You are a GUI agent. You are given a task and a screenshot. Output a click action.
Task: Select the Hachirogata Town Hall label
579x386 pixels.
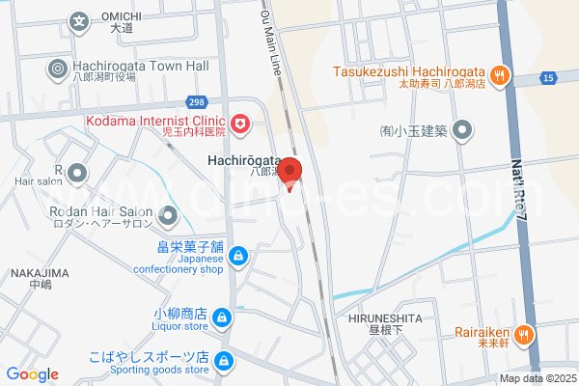(141, 66)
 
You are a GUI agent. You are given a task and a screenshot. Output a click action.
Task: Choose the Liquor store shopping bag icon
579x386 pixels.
(222, 317)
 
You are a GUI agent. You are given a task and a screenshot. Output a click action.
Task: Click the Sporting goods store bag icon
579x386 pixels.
(224, 361)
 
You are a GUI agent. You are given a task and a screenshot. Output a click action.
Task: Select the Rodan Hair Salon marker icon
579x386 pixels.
(169, 214)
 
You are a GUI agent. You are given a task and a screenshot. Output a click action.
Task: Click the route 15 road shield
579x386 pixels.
(548, 76)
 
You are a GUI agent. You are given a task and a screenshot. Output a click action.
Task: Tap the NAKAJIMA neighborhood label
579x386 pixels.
(40, 272)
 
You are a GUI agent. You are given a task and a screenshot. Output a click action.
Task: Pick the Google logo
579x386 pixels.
(32, 374)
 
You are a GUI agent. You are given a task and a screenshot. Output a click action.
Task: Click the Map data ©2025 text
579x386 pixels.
(537, 378)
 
